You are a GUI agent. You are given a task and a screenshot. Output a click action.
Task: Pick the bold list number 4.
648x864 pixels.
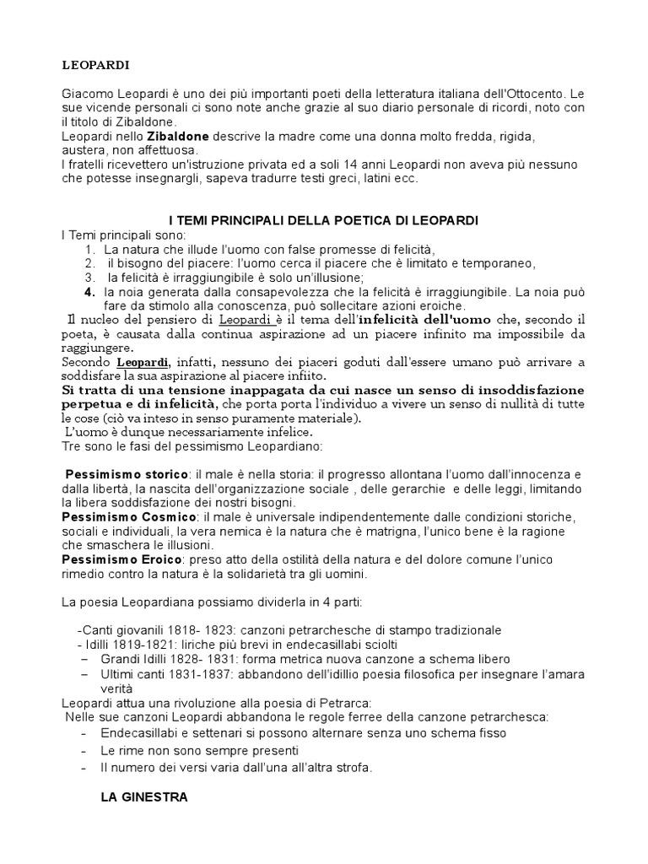(x=89, y=291)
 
